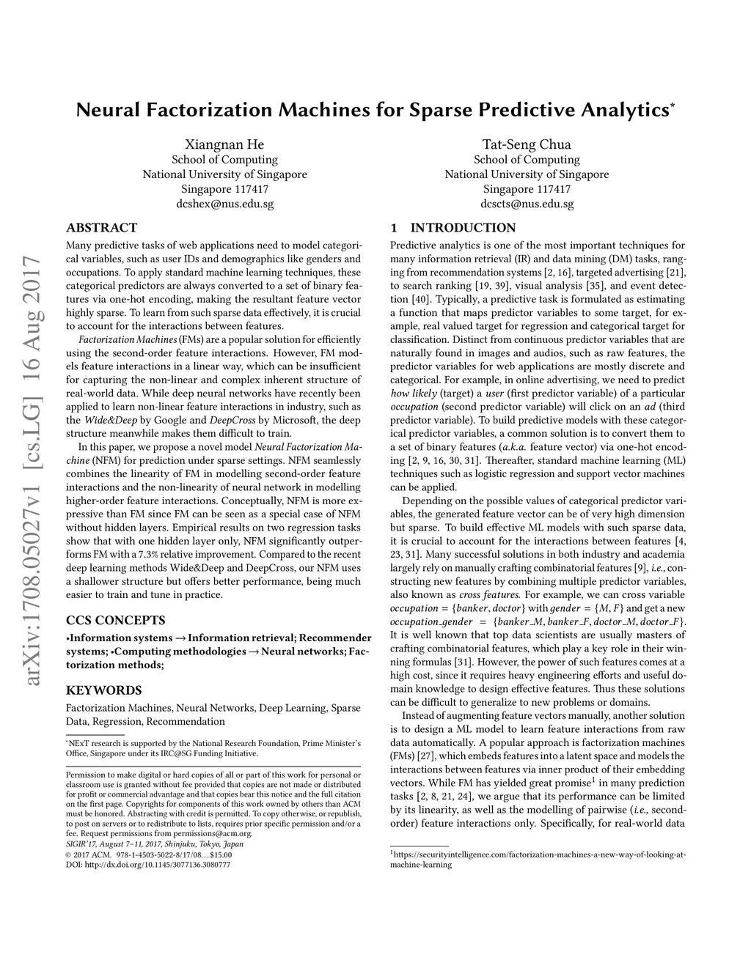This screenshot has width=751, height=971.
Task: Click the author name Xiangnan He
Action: (224, 144)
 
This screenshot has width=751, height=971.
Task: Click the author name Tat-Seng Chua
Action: (527, 144)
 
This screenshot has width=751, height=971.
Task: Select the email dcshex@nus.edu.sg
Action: (224, 204)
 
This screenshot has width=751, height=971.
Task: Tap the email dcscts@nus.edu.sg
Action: (527, 204)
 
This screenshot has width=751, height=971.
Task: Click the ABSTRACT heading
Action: (101, 228)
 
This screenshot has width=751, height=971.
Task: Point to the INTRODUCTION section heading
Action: (462, 228)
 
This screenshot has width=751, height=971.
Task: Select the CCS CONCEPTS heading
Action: (115, 620)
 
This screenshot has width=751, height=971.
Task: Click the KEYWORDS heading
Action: (103, 690)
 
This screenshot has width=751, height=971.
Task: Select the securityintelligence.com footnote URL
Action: (538, 854)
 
